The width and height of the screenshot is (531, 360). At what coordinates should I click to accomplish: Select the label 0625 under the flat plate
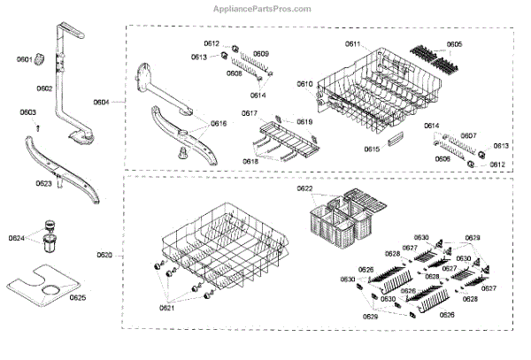pyautogui.click(x=78, y=297)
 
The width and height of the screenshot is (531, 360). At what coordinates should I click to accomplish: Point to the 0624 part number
pyautogui.click(x=17, y=239)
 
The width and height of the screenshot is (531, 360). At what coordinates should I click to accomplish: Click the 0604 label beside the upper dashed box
pyautogui.click(x=101, y=103)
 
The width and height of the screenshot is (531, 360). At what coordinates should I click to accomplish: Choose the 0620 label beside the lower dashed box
pyautogui.click(x=104, y=256)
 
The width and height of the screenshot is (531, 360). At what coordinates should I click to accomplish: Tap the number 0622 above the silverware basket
pyautogui.click(x=304, y=189)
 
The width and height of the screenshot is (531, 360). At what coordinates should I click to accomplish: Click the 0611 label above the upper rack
pyautogui.click(x=352, y=44)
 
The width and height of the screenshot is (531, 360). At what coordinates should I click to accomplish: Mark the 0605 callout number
pyautogui.click(x=453, y=44)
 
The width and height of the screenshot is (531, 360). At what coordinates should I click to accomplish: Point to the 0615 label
pyautogui.click(x=372, y=149)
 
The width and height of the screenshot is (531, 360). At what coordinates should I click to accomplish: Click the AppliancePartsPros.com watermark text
pyautogui.click(x=265, y=8)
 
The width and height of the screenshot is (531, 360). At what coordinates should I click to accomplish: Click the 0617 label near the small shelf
pyautogui.click(x=249, y=113)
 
